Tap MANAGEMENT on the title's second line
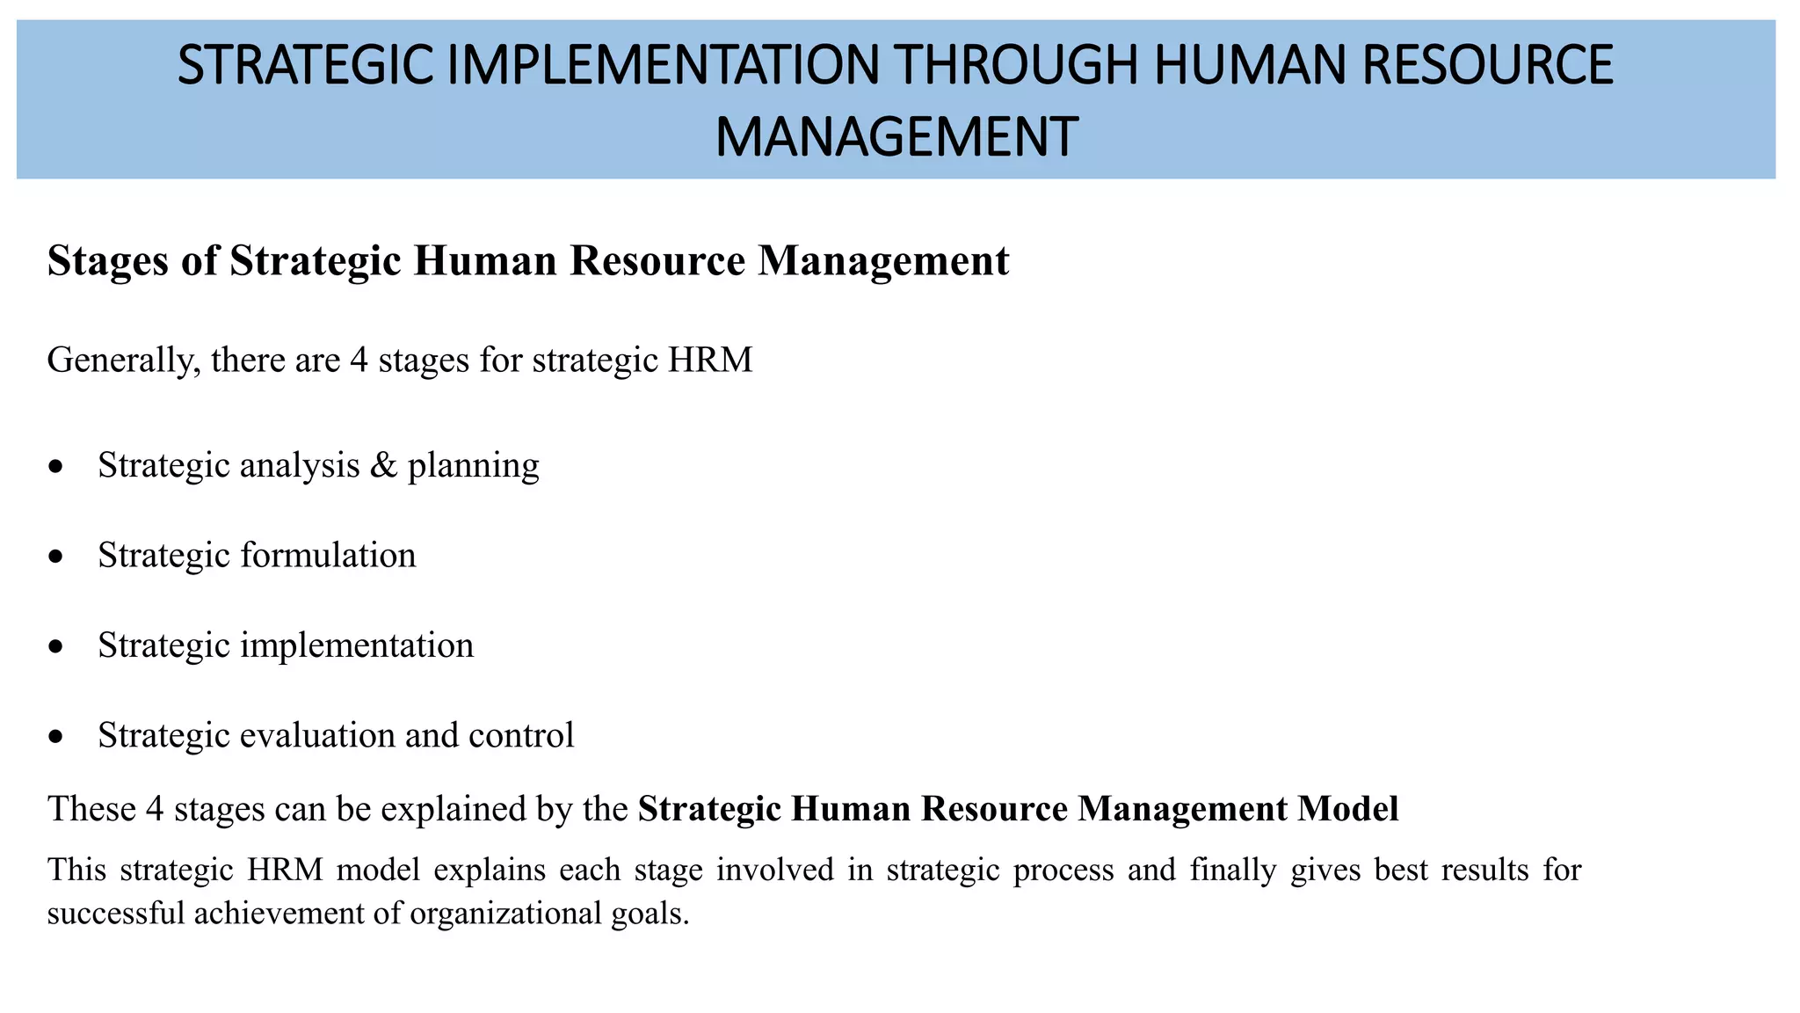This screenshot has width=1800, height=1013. [x=896, y=137]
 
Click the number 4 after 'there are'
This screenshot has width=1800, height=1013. [x=359, y=361]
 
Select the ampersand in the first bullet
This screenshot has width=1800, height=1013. [x=383, y=465]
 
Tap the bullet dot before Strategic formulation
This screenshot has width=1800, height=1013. [x=56, y=557]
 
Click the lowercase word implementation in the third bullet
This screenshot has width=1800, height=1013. [x=356, y=646]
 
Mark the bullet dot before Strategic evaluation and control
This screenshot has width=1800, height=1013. [x=56, y=737]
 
